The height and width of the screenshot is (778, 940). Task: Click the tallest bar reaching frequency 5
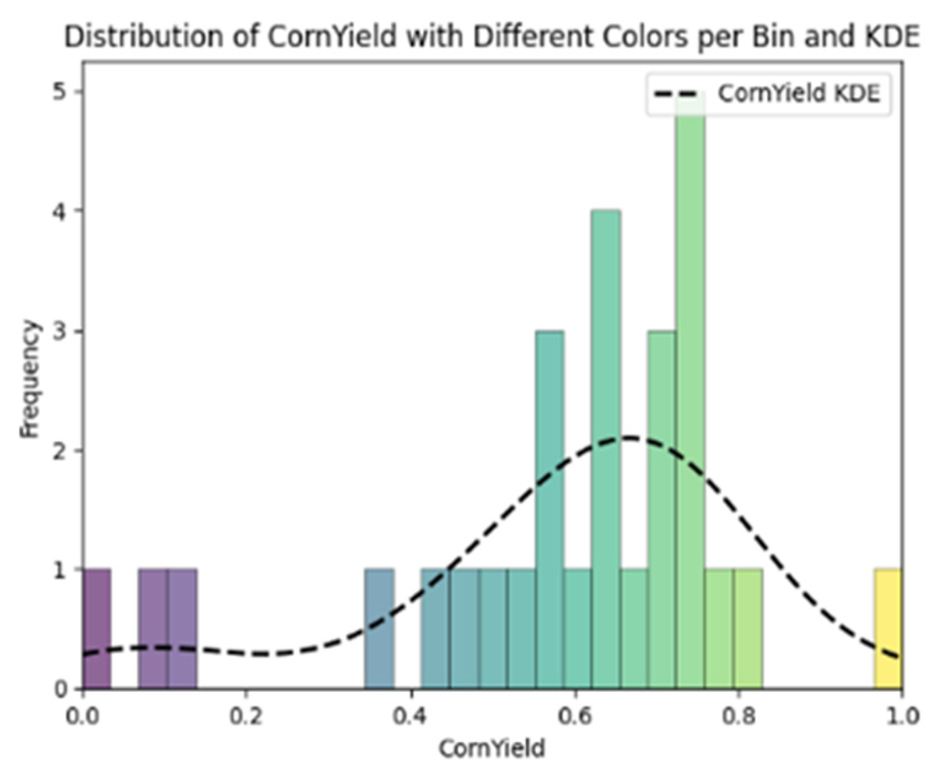click(690, 392)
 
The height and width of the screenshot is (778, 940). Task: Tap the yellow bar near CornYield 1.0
click(888, 629)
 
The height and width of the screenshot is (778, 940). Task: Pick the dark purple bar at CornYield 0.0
click(97, 629)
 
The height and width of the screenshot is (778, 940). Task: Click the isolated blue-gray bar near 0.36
click(379, 629)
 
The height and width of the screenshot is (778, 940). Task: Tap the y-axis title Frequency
click(29, 379)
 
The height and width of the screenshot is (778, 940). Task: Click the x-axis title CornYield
click(492, 749)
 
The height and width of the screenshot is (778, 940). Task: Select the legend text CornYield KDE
click(799, 94)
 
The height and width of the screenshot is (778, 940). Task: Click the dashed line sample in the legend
click(679, 94)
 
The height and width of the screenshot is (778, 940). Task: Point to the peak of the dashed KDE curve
click(630, 437)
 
